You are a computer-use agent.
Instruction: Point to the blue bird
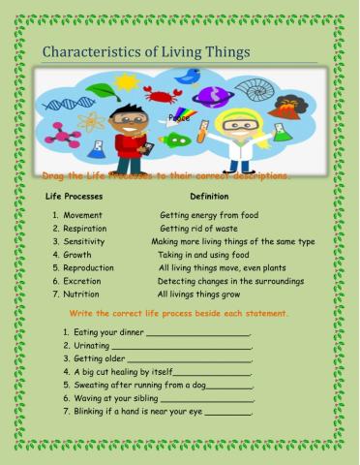click(189, 77)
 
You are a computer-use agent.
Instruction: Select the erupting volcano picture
click(287, 106)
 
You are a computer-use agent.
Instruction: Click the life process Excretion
click(86, 281)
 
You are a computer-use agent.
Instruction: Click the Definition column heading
click(209, 197)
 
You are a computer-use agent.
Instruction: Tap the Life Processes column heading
click(80, 197)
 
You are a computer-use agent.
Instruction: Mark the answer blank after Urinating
click(181, 347)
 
